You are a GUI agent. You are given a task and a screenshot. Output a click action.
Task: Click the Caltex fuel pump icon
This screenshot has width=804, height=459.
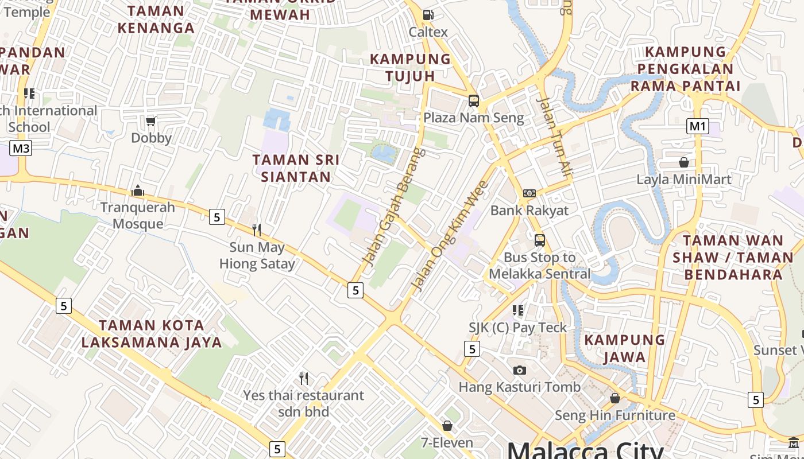[428, 15]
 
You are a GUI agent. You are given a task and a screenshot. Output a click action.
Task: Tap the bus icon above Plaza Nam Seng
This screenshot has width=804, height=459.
[474, 101]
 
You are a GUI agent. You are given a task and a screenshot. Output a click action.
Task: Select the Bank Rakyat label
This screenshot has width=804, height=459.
[529, 211]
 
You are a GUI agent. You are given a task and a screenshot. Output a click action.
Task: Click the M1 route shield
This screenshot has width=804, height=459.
[698, 126]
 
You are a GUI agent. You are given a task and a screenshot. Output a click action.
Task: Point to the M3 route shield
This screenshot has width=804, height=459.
[21, 149]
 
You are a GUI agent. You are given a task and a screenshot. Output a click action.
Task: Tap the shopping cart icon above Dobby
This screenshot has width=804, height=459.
[151, 120]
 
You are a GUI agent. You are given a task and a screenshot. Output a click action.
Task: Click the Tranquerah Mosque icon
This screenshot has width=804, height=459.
[138, 190]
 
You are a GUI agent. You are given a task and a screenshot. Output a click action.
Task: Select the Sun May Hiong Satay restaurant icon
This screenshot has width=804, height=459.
[257, 230]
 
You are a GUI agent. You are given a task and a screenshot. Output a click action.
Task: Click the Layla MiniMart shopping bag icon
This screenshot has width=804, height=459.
[684, 162]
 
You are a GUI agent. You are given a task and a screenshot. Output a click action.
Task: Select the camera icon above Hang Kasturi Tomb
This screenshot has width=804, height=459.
[520, 370]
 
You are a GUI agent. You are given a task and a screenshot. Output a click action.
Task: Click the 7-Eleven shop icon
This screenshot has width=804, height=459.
[447, 426]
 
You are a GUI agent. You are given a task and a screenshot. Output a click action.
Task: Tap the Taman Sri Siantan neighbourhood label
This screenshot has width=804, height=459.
[296, 168]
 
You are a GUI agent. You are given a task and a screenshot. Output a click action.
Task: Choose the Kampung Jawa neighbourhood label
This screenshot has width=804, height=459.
[625, 348]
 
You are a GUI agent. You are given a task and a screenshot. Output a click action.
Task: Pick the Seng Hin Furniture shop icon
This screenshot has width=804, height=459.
[615, 398]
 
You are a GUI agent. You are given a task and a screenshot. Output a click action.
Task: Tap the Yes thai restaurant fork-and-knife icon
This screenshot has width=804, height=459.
[304, 379]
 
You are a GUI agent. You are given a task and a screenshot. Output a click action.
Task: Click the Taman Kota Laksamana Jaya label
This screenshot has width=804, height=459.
[152, 334]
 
